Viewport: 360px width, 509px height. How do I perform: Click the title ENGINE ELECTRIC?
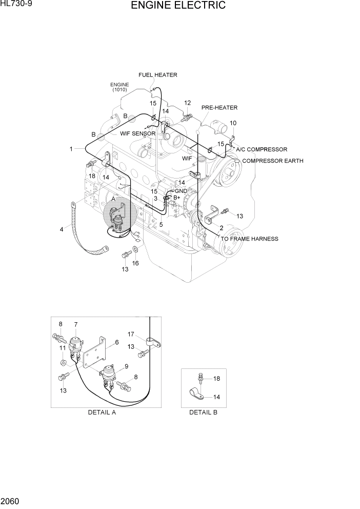tap(178, 6)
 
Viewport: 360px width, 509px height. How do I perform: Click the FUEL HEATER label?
tap(157, 75)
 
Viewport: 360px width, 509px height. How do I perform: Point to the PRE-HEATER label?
tap(219, 108)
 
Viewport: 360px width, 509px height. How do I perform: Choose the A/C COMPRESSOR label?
tap(261, 149)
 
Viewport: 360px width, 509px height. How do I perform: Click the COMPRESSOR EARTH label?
tap(272, 161)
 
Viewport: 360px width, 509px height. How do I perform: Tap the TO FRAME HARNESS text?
tap(249, 239)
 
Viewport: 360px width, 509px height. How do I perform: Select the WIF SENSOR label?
tap(137, 133)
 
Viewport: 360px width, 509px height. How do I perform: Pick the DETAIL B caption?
tap(203, 413)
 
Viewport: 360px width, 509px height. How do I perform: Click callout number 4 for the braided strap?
tap(62, 229)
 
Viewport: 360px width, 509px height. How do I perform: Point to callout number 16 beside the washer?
tap(135, 263)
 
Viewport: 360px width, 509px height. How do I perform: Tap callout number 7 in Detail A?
tap(75, 324)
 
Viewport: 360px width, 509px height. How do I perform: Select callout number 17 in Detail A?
tap(131, 334)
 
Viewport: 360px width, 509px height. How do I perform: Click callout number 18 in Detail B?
tap(216, 379)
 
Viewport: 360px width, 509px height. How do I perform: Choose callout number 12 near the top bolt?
tap(187, 103)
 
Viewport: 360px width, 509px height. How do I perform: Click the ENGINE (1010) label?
tap(119, 87)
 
